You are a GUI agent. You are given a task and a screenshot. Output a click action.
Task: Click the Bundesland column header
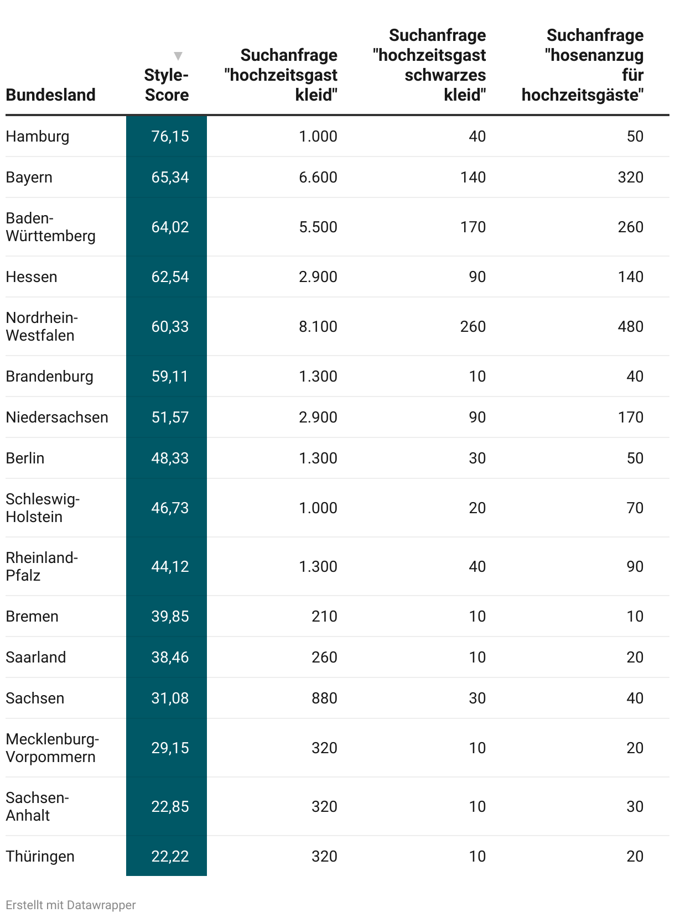(50, 95)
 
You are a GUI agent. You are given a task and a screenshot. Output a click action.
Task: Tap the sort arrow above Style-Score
(178, 56)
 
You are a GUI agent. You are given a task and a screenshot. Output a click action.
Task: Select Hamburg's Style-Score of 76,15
(170, 136)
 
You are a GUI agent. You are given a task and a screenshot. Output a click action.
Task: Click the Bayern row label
(29, 177)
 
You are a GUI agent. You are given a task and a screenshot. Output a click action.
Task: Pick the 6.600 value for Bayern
(318, 177)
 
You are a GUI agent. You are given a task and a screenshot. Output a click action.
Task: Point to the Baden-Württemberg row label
(50, 227)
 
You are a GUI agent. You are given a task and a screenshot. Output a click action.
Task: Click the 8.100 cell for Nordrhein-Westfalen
(318, 326)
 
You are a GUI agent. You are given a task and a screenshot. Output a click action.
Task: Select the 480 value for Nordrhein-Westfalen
(630, 326)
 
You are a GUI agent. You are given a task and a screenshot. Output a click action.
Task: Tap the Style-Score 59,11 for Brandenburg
(170, 376)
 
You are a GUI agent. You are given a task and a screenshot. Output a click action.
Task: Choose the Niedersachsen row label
(57, 417)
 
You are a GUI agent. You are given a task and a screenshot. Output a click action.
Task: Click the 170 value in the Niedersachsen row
(630, 417)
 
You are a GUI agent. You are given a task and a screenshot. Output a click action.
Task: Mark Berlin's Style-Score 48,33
(170, 458)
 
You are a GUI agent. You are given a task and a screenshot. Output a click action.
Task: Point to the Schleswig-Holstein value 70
(635, 508)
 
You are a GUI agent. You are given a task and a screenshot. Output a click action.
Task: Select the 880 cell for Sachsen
(324, 698)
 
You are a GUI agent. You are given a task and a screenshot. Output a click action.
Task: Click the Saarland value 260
(324, 657)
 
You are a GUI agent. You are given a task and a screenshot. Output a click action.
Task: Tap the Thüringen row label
(40, 856)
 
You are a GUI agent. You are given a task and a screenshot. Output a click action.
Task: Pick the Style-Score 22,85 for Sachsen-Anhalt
(170, 806)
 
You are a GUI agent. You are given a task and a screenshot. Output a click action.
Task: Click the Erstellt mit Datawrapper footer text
(71, 905)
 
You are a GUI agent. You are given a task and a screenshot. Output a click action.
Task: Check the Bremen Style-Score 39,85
(170, 616)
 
